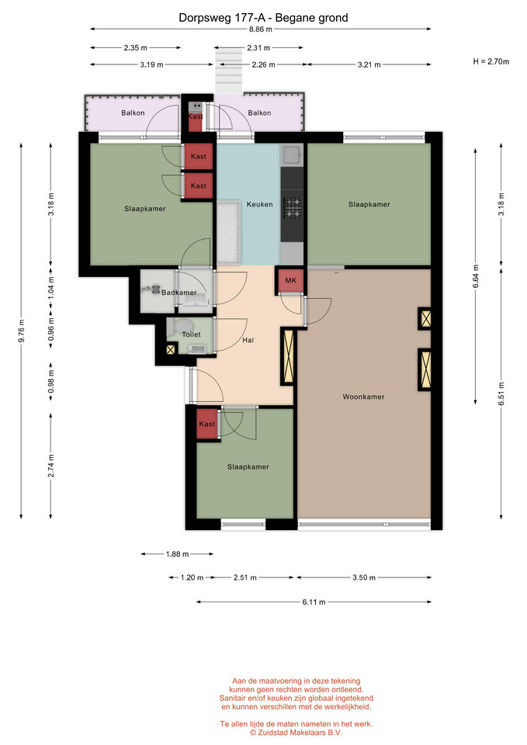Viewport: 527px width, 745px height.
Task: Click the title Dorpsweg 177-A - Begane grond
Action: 263,18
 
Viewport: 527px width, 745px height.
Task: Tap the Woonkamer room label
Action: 363,397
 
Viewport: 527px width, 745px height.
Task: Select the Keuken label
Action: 259,204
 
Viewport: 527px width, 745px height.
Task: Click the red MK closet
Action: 291,281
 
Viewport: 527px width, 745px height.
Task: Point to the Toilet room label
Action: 191,334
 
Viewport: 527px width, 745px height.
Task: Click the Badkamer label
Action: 179,293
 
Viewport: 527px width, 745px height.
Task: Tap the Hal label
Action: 248,340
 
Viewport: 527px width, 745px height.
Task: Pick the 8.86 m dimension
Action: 261,29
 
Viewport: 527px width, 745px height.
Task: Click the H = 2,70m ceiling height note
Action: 491,61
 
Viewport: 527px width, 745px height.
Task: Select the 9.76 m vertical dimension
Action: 22,331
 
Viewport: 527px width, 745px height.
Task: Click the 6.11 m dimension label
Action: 314,602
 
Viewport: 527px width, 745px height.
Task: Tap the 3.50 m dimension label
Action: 364,577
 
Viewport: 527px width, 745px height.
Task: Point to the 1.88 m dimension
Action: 177,554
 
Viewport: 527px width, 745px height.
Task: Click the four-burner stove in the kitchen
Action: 293,208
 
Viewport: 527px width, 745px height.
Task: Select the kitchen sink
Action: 291,154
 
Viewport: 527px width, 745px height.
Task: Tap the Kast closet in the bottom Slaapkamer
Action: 207,424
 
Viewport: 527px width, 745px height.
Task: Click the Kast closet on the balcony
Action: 196,117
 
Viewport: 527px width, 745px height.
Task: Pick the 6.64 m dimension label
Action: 476,276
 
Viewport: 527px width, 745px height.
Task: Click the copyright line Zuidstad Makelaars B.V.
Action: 296,733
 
